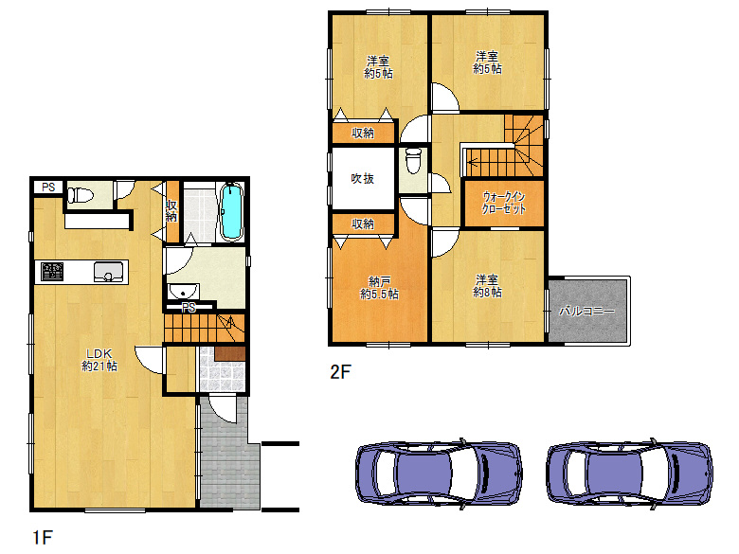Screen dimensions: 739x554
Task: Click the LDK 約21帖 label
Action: [x=99, y=360]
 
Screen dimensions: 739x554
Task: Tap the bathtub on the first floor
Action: [x=231, y=211]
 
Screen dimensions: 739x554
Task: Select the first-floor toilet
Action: [x=81, y=195]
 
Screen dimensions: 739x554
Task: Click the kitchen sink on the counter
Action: [x=108, y=272]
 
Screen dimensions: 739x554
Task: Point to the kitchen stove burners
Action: [x=52, y=272]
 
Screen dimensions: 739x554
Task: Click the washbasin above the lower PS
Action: [x=184, y=291]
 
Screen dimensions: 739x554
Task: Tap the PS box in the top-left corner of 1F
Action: [x=48, y=187]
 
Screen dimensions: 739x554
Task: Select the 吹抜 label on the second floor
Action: [x=363, y=179]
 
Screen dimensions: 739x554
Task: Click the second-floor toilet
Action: [x=413, y=160]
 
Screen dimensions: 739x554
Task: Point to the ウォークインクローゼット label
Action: [x=504, y=203]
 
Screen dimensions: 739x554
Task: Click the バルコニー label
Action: [x=586, y=311]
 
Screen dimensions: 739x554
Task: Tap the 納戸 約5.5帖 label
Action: [x=379, y=288]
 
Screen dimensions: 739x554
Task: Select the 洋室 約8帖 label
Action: [x=487, y=286]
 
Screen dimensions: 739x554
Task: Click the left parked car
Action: [x=439, y=473]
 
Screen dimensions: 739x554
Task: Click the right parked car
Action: [x=630, y=473]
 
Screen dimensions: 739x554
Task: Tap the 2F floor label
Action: [x=340, y=372]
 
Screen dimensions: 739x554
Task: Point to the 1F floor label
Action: [x=43, y=537]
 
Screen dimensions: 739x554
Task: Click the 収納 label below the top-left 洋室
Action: [x=363, y=134]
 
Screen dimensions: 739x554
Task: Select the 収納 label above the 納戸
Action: [x=363, y=223]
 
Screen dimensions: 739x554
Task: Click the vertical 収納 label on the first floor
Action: [x=171, y=211]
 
